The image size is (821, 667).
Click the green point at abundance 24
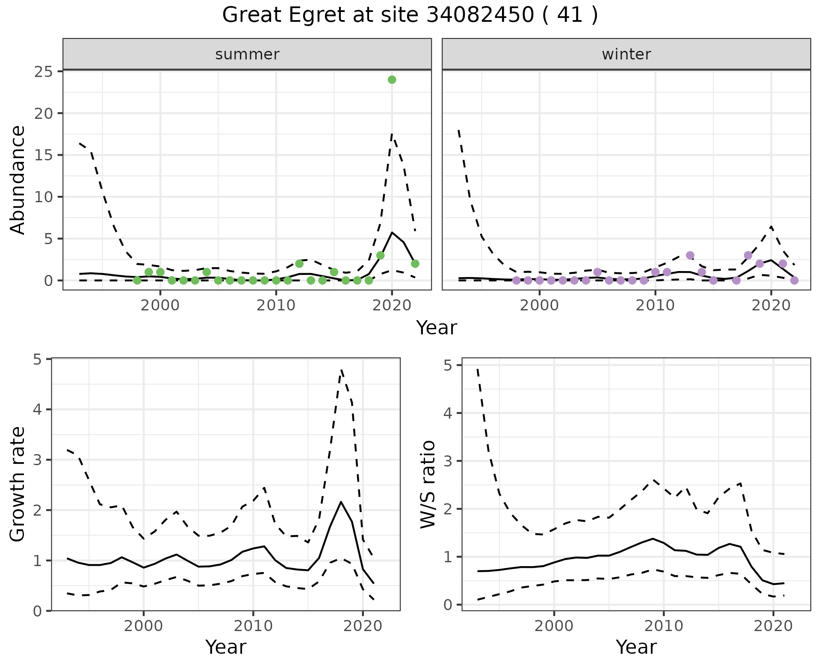392,80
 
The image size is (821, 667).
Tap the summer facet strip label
247,54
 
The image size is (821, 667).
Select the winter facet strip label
626,54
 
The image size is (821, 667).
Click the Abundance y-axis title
18,180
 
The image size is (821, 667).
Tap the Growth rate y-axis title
18,484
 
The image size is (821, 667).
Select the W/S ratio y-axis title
428,484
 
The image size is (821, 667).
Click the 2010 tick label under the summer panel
276,306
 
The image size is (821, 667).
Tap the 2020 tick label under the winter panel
771,306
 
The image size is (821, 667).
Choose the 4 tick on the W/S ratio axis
448,413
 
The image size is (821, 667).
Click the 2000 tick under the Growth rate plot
143,626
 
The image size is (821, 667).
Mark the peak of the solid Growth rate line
341,502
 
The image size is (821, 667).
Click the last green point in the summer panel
415,264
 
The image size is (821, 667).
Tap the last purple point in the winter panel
794,280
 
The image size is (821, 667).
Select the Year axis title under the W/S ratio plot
636,647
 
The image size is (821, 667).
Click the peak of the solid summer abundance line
392,232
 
